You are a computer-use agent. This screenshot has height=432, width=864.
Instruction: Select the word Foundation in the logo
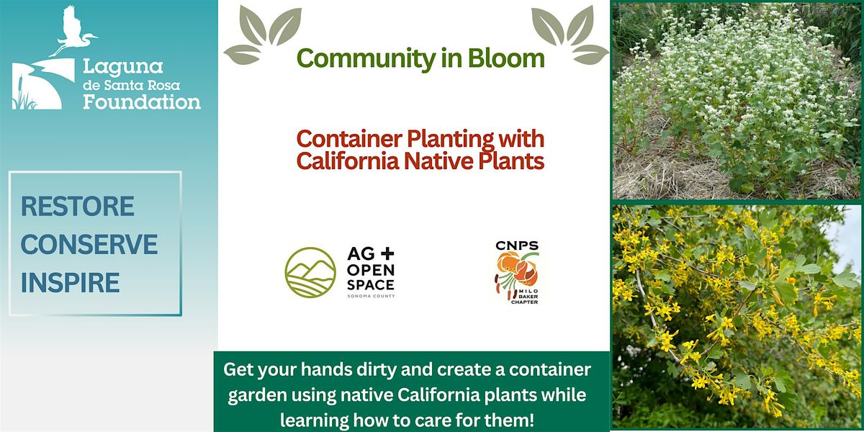click(142, 102)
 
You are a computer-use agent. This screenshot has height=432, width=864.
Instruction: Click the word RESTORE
click(78, 207)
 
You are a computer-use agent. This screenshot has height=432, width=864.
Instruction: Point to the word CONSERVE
click(89, 244)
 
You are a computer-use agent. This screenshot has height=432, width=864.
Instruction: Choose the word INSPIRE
click(71, 282)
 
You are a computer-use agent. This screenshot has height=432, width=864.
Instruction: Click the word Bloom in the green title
click(506, 58)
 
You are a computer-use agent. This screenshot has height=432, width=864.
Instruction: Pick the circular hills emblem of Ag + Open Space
click(310, 272)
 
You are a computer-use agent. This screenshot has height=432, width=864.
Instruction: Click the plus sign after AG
click(387, 253)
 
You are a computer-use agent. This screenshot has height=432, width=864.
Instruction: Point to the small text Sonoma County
click(371, 296)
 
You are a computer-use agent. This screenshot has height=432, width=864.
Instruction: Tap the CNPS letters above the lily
click(517, 246)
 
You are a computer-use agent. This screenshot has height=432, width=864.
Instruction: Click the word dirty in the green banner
click(376, 370)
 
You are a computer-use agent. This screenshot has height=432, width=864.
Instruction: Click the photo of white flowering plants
click(737, 101)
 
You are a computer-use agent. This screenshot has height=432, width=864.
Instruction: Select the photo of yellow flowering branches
click(737, 317)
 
